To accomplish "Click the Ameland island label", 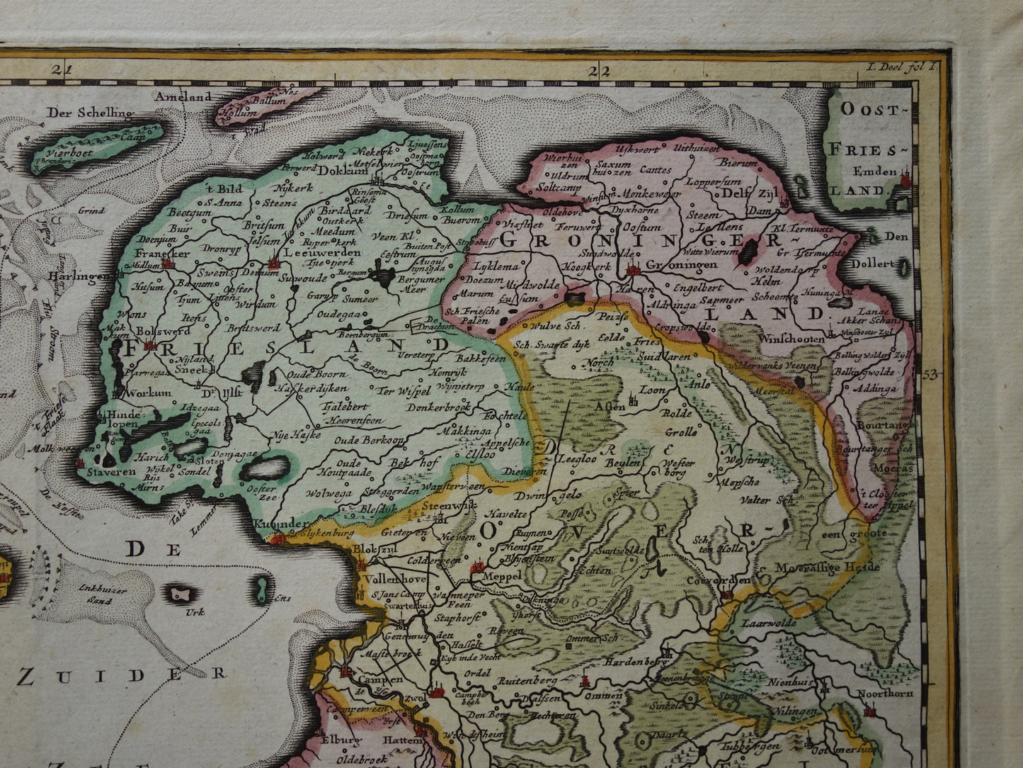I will click(184, 96).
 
